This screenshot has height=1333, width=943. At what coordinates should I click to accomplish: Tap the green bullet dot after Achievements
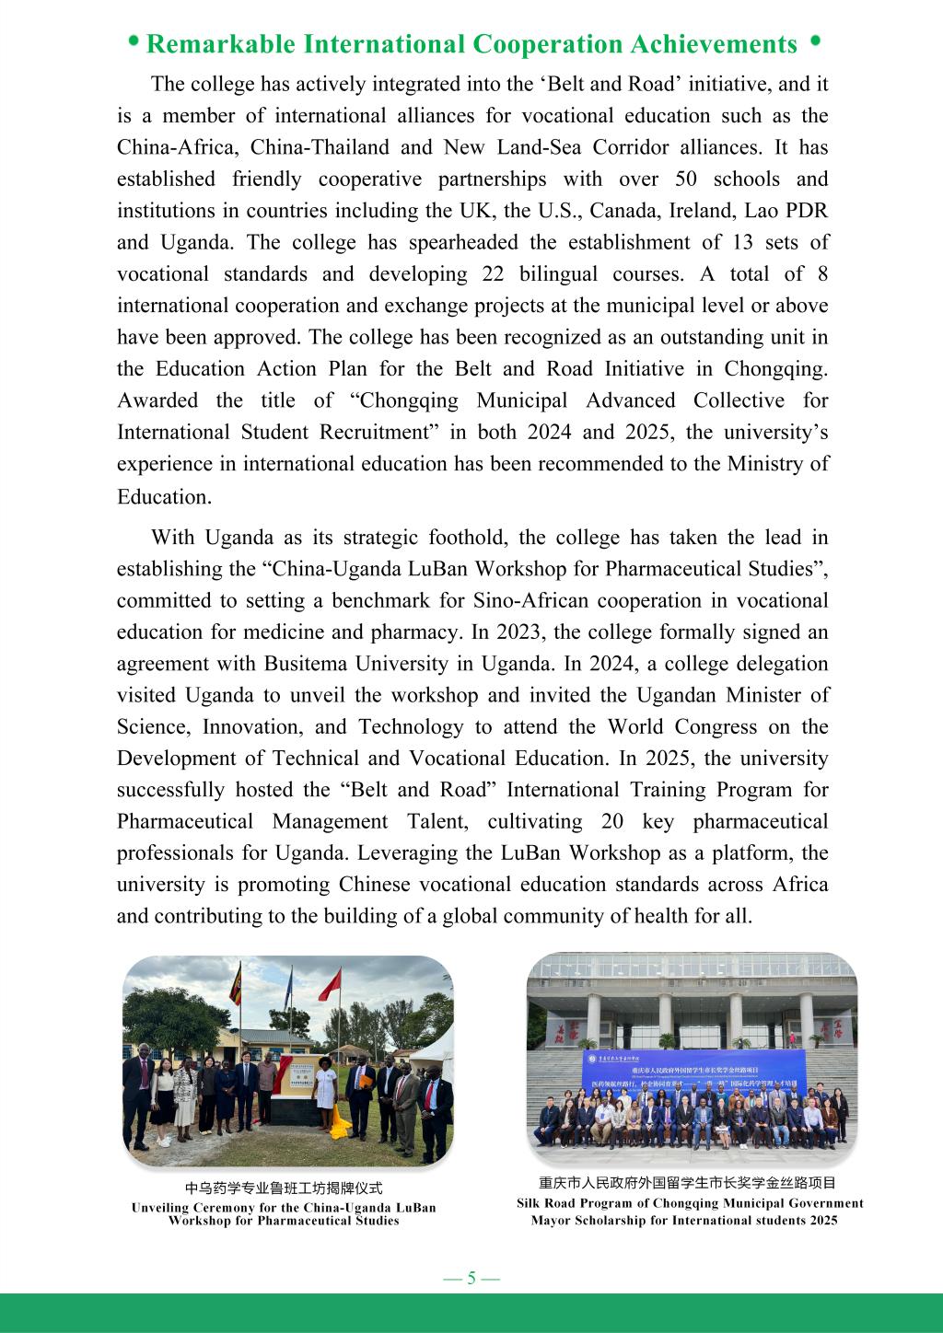click(814, 41)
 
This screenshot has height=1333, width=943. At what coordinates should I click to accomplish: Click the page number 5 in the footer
click(471, 1278)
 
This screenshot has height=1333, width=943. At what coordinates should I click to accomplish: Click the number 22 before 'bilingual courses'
click(494, 273)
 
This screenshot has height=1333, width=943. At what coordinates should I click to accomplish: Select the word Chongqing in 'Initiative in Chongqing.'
click(774, 368)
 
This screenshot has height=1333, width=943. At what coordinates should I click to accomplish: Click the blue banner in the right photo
click(691, 1072)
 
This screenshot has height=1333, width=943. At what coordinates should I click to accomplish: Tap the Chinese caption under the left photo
click(283, 1188)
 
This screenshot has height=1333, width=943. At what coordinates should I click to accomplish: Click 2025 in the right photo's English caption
click(821, 1220)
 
